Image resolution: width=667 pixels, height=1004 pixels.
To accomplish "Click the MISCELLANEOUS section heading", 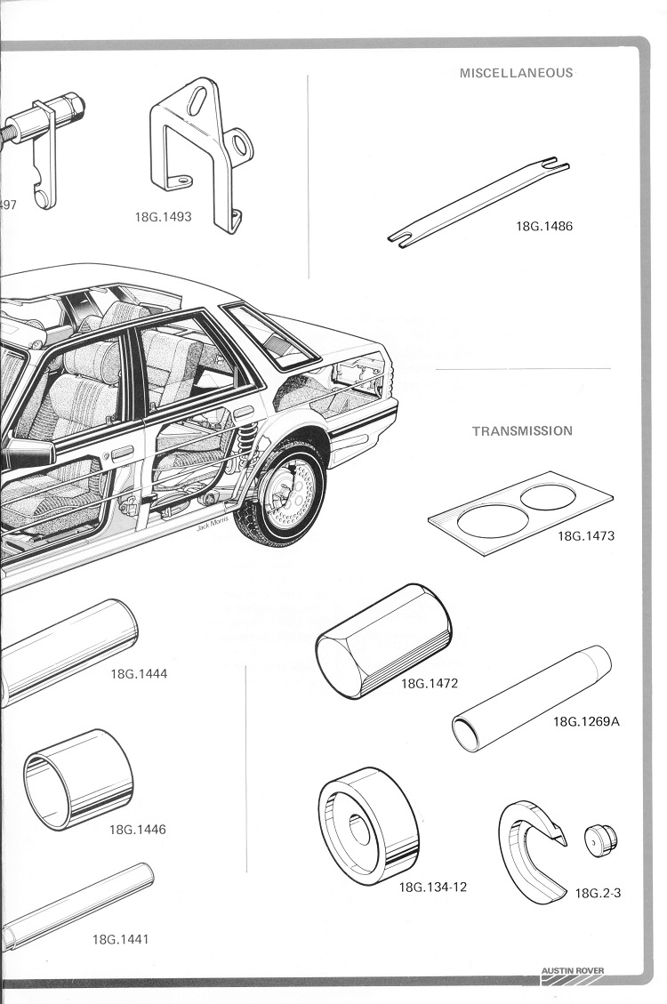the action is pos(516,73).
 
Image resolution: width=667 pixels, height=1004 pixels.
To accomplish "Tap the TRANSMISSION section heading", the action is pos(522,431).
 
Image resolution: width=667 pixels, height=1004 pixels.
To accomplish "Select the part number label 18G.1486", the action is pos(544,226).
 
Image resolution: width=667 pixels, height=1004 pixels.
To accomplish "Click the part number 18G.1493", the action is pos(163,217).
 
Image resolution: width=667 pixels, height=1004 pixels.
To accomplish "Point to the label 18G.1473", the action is pos(586,536).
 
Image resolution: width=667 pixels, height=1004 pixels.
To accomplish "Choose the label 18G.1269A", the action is pos(586,721).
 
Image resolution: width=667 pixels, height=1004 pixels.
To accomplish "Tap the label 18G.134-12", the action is pos(433,887).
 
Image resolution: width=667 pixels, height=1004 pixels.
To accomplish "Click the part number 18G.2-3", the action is pos(598,893).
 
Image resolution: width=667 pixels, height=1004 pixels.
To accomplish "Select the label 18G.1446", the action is pos(137,830).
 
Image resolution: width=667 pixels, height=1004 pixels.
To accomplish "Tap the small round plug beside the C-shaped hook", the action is pos(600,839).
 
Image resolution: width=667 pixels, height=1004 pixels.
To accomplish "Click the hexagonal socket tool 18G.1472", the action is pos(383,641).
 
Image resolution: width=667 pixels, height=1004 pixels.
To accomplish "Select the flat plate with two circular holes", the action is pos(519,512).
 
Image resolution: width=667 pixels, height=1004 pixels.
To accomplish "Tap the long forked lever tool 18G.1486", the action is pos(478,202).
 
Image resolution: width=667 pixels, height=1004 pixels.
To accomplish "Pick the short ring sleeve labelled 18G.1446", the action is pos(78,779).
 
